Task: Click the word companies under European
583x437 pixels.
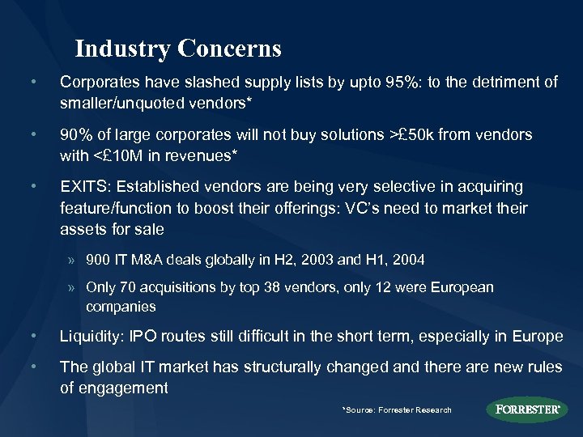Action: click(121, 308)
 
